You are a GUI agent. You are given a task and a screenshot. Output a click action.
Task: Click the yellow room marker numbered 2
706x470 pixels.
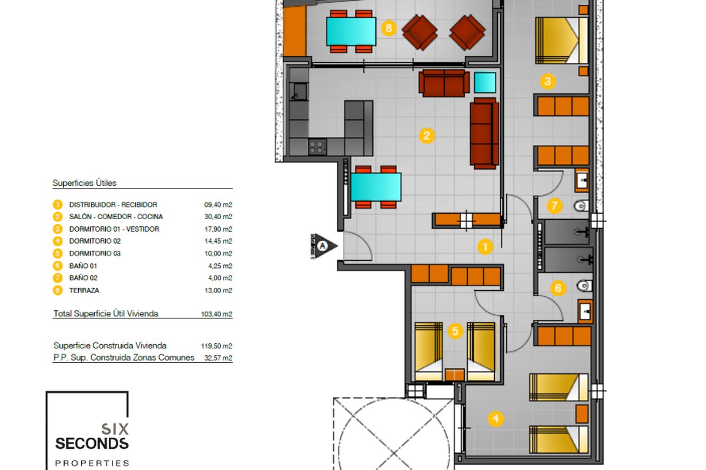427,136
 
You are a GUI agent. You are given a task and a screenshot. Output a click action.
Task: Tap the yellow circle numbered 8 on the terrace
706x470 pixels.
389,28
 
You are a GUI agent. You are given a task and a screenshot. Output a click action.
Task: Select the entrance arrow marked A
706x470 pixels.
324,246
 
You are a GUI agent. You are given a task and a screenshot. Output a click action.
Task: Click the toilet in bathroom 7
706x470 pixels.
581,206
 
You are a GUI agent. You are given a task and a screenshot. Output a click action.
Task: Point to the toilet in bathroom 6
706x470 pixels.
585,286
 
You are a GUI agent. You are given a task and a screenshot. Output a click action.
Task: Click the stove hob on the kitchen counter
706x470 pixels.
317,147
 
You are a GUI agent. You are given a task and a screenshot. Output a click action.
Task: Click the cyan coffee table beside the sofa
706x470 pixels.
485,82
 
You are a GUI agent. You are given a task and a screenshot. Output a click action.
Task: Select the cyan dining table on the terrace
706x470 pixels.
351,31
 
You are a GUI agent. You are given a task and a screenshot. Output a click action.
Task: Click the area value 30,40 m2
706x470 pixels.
218,217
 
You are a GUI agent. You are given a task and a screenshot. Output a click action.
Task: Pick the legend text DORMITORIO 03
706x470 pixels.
95,253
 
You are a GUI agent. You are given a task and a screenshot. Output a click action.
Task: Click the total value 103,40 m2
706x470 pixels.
217,314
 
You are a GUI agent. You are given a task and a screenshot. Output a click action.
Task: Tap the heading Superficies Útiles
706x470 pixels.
85,183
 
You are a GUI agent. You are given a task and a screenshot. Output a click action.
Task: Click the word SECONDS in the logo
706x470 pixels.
92,444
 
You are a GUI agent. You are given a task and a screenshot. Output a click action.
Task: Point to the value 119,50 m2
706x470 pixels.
217,346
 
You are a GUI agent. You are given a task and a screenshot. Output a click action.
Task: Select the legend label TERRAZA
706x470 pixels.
84,290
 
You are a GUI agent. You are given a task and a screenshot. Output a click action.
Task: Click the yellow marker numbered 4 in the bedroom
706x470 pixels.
496,419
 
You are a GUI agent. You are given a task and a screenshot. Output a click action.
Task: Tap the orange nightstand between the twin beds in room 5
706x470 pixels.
454,375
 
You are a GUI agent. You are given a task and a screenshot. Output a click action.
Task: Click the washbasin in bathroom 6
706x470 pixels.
585,311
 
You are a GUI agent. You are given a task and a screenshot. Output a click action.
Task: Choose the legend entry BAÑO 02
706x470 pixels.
83,278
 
